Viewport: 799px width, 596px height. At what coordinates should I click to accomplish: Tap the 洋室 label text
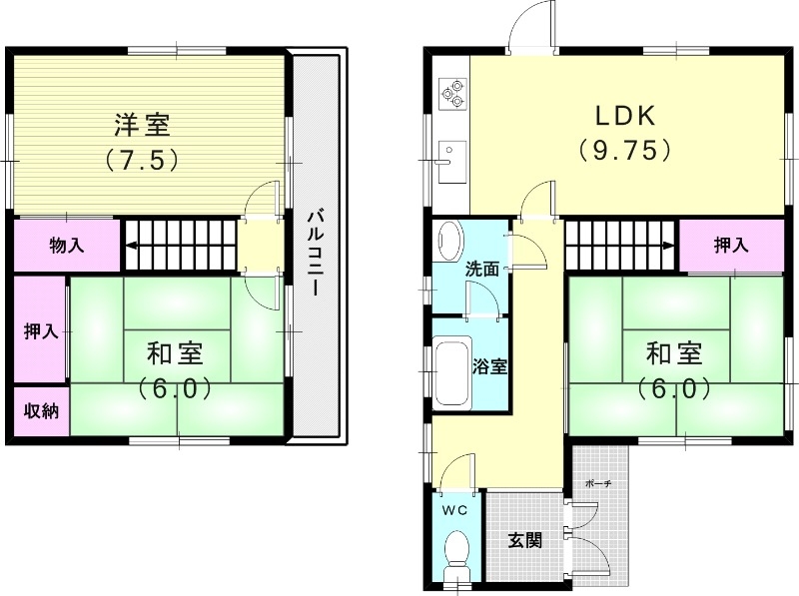[x=141, y=126]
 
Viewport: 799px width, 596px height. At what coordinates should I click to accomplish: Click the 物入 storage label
[x=66, y=246]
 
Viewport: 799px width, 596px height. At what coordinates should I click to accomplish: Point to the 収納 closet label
[x=41, y=411]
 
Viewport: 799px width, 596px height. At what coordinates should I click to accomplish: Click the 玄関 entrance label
[x=525, y=541]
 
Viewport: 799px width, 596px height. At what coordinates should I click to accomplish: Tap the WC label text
[x=455, y=510]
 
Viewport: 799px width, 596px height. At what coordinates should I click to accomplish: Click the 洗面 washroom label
[x=482, y=269]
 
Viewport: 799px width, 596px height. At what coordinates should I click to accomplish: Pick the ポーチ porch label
[x=598, y=484]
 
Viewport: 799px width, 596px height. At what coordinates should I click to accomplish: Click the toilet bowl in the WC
[x=457, y=551]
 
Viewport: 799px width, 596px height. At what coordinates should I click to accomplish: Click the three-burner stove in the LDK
[x=451, y=92]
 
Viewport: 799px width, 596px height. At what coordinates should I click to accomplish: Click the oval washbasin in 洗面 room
[x=449, y=241]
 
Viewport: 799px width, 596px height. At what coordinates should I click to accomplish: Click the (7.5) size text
[x=141, y=159]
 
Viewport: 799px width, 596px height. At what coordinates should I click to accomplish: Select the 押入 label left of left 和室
[x=41, y=330]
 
